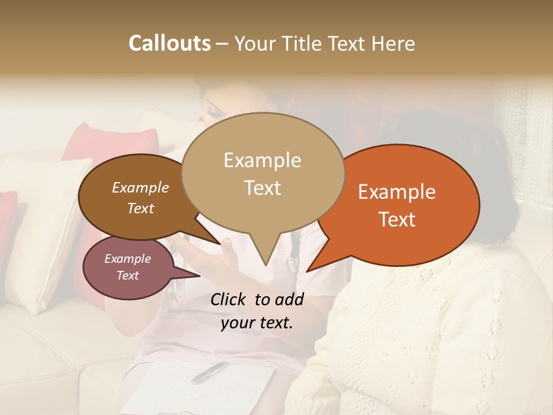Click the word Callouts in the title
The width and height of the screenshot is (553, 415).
(x=169, y=43)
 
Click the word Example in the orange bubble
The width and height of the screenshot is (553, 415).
(x=397, y=192)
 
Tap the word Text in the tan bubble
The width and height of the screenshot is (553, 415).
(x=262, y=188)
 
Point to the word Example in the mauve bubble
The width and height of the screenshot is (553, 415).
(x=127, y=259)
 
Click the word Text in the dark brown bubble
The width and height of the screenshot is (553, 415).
(x=140, y=208)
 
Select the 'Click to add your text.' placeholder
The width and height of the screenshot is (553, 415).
(x=256, y=311)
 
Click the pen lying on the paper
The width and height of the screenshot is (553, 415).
(x=209, y=372)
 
